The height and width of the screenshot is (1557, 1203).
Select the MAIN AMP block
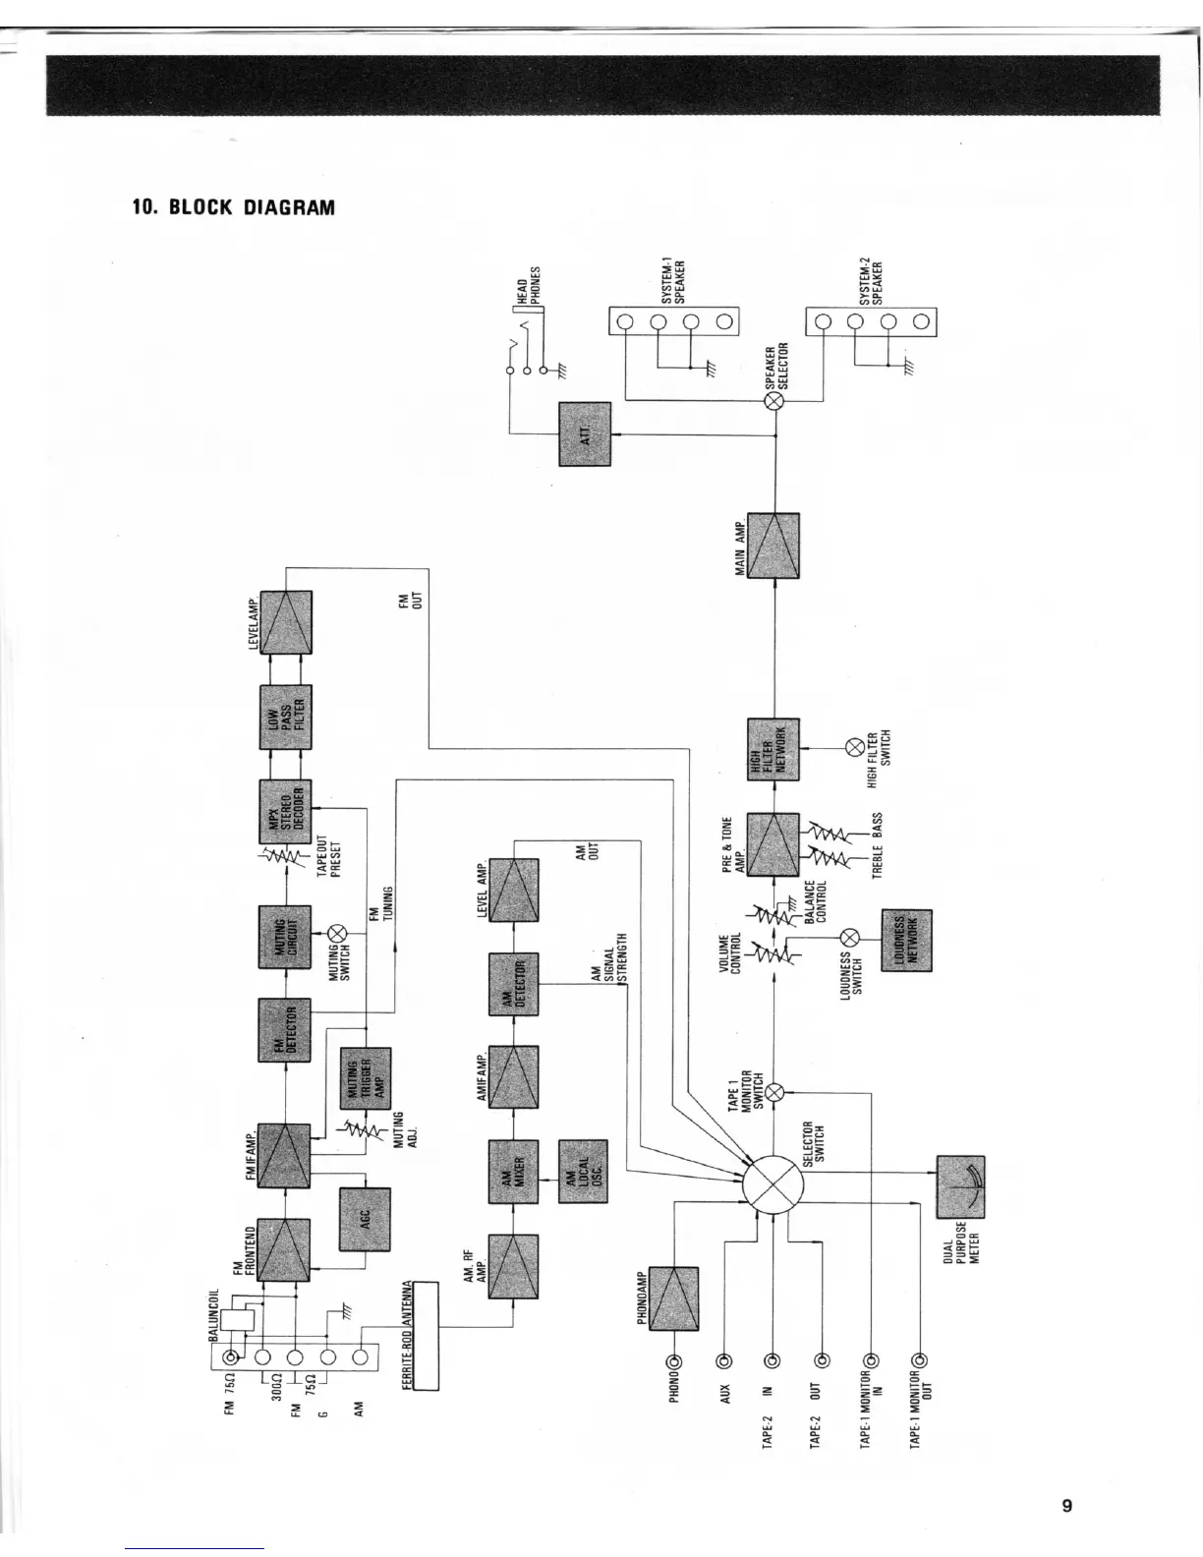[773, 545]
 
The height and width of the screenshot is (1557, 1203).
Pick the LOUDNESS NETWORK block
[905, 939]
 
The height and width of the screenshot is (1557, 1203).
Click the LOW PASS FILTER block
[286, 716]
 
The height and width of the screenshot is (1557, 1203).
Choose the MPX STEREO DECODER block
[286, 811]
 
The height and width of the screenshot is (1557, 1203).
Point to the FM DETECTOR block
[285, 1029]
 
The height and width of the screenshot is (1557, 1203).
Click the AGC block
[365, 1219]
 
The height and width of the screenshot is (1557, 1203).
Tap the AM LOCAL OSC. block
[583, 1170]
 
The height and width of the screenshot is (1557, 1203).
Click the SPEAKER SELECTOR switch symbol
[774, 402]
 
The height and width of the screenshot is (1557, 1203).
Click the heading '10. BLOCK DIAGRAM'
[234, 207]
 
